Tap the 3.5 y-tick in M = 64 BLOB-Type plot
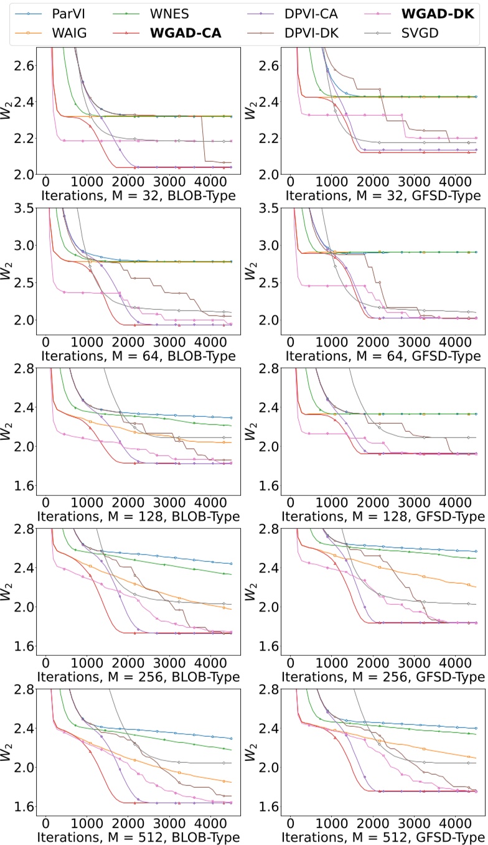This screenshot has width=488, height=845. (23, 208)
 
